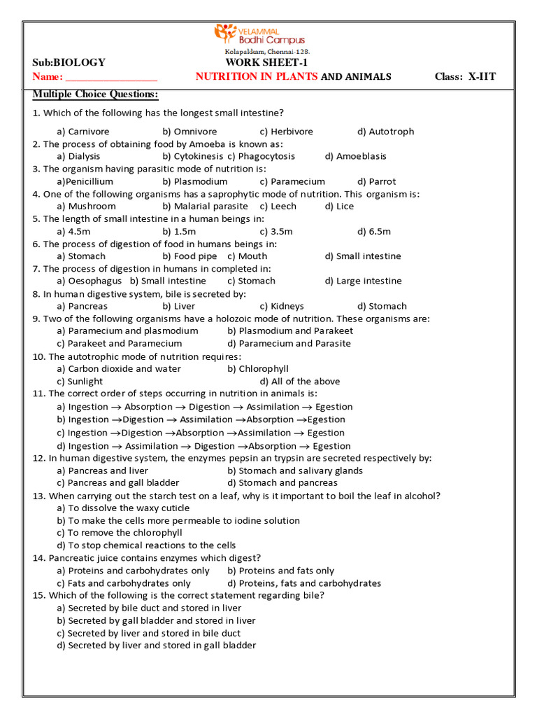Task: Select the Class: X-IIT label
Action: [x=465, y=76]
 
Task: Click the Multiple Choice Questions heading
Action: [x=95, y=95]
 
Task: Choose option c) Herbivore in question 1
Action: [x=286, y=132]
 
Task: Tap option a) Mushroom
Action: [x=86, y=207]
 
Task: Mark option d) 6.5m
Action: [x=374, y=231]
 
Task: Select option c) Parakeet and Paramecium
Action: [x=119, y=344]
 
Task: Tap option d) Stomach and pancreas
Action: [x=282, y=482]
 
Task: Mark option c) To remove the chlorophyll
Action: [x=119, y=533]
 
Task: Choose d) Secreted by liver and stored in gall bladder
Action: [x=156, y=646]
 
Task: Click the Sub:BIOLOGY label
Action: [x=69, y=62]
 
